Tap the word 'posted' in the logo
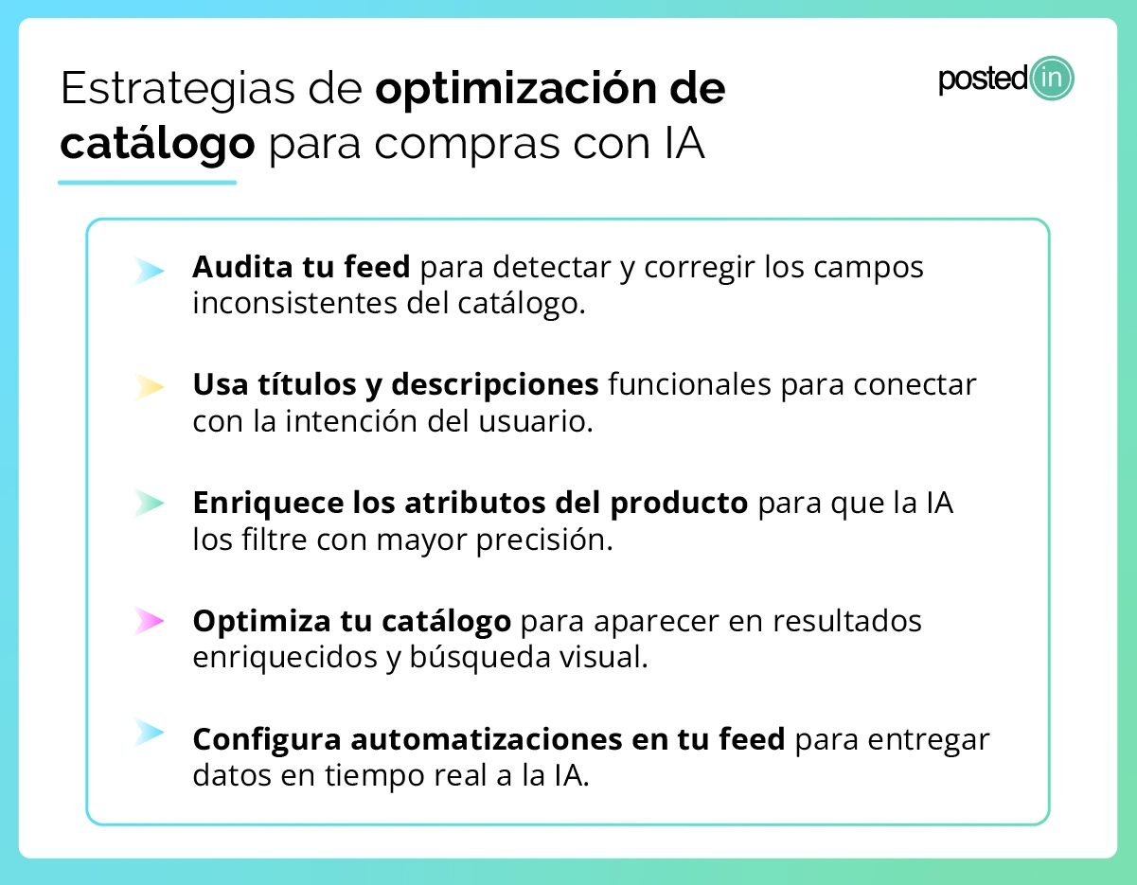click(x=983, y=80)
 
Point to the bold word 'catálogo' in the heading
click(x=157, y=145)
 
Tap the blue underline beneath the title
click(x=147, y=182)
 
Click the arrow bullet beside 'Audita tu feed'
click(x=150, y=272)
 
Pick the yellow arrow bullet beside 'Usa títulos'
click(x=150, y=386)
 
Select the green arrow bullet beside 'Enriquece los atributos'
click(x=150, y=503)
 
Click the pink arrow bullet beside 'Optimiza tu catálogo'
click(x=150, y=621)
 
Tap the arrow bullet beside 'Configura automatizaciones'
click(x=150, y=732)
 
